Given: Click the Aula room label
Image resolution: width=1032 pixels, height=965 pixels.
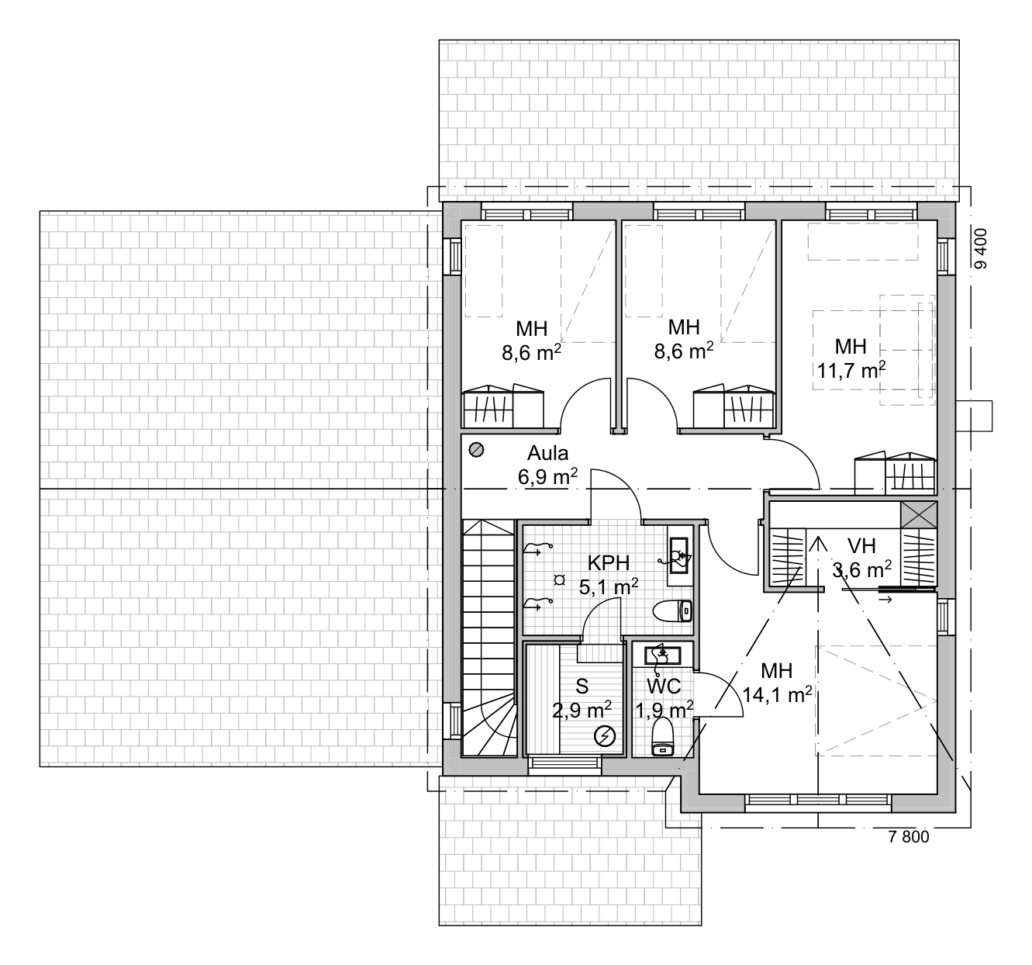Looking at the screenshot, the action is click(x=547, y=453).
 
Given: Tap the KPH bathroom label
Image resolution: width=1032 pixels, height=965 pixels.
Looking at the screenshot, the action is click(x=609, y=562).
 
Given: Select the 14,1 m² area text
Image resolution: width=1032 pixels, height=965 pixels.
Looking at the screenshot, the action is click(x=777, y=694).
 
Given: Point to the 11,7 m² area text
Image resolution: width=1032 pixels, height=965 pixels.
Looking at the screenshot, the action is click(x=851, y=370).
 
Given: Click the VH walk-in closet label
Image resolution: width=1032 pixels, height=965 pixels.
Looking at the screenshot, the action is click(x=861, y=546).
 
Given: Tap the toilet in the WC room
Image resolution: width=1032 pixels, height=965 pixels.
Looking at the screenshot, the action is click(x=662, y=736).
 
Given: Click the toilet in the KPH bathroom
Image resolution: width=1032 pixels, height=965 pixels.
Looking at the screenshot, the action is click(x=672, y=611).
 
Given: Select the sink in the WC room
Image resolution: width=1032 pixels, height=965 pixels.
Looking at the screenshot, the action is click(x=662, y=655).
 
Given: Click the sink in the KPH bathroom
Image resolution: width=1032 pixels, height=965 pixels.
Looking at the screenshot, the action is click(x=678, y=555).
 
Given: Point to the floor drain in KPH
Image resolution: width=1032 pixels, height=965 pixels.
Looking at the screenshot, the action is click(x=560, y=580).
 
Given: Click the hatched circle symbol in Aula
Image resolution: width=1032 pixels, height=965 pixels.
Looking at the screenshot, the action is click(x=477, y=450).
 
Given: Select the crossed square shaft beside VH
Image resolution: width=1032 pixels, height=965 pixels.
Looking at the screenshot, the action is click(x=919, y=515).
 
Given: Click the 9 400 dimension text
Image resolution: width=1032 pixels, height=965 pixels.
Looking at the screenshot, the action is click(x=981, y=248).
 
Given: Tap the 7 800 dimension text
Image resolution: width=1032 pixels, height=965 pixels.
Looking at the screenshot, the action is click(x=909, y=836).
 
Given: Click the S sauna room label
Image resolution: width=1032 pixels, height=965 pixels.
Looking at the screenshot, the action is click(x=582, y=687).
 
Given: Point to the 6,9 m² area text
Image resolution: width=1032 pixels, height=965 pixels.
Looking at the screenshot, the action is click(x=547, y=477).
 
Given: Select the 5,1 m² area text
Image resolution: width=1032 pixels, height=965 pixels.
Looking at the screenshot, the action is click(x=609, y=587).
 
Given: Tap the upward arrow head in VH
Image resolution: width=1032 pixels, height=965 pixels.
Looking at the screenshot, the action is click(x=819, y=544).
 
